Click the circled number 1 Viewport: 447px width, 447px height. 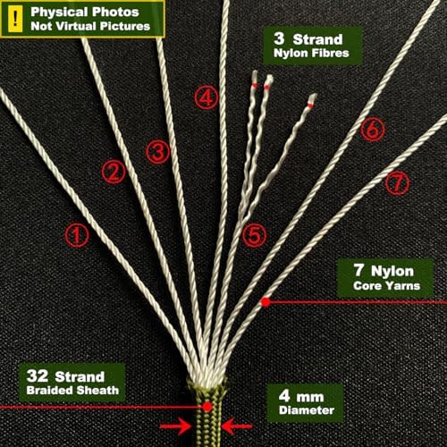[x=77, y=235]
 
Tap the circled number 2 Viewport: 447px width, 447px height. [x=114, y=172]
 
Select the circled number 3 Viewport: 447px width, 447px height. [x=158, y=152]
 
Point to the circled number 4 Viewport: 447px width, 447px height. [x=207, y=97]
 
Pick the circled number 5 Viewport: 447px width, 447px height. [x=254, y=235]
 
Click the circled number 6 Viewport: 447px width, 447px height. [x=373, y=130]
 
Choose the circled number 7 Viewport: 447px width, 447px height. [x=398, y=182]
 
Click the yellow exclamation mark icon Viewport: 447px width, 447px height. [x=15, y=19]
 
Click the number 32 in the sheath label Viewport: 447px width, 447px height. [x=37, y=375]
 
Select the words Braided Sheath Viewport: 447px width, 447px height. [x=72, y=391]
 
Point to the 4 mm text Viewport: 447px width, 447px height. [x=301, y=396]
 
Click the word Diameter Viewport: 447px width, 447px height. [x=307, y=410]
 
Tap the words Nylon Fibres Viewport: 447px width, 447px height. [x=311, y=53]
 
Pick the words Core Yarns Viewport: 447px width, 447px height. [x=387, y=286]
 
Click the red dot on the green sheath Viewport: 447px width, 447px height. [x=207, y=407]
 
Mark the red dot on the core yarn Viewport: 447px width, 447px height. [x=265, y=302]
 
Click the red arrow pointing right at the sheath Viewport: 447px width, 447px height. [x=176, y=426]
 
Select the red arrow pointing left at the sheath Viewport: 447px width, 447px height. [x=237, y=426]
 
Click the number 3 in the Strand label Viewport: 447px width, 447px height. [x=279, y=38]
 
